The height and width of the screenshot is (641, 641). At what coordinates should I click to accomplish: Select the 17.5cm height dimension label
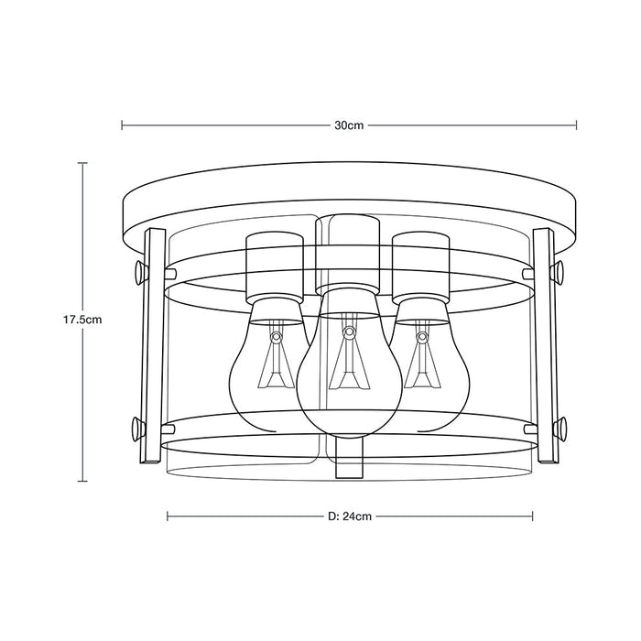(x=81, y=320)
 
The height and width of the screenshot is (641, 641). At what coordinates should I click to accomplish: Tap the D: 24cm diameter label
(x=349, y=516)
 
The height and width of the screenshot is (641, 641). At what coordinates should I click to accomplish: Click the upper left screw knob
(x=140, y=271)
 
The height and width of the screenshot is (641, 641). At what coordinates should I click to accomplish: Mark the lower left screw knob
(x=140, y=428)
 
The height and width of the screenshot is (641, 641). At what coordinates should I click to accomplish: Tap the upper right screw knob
(x=559, y=271)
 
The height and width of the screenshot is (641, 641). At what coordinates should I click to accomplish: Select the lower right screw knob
(x=559, y=428)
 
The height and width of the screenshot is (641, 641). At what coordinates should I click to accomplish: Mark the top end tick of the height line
(x=82, y=163)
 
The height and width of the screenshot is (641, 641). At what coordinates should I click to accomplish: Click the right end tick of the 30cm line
(x=577, y=125)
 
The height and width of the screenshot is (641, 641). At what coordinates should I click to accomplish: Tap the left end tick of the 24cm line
(x=168, y=516)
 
